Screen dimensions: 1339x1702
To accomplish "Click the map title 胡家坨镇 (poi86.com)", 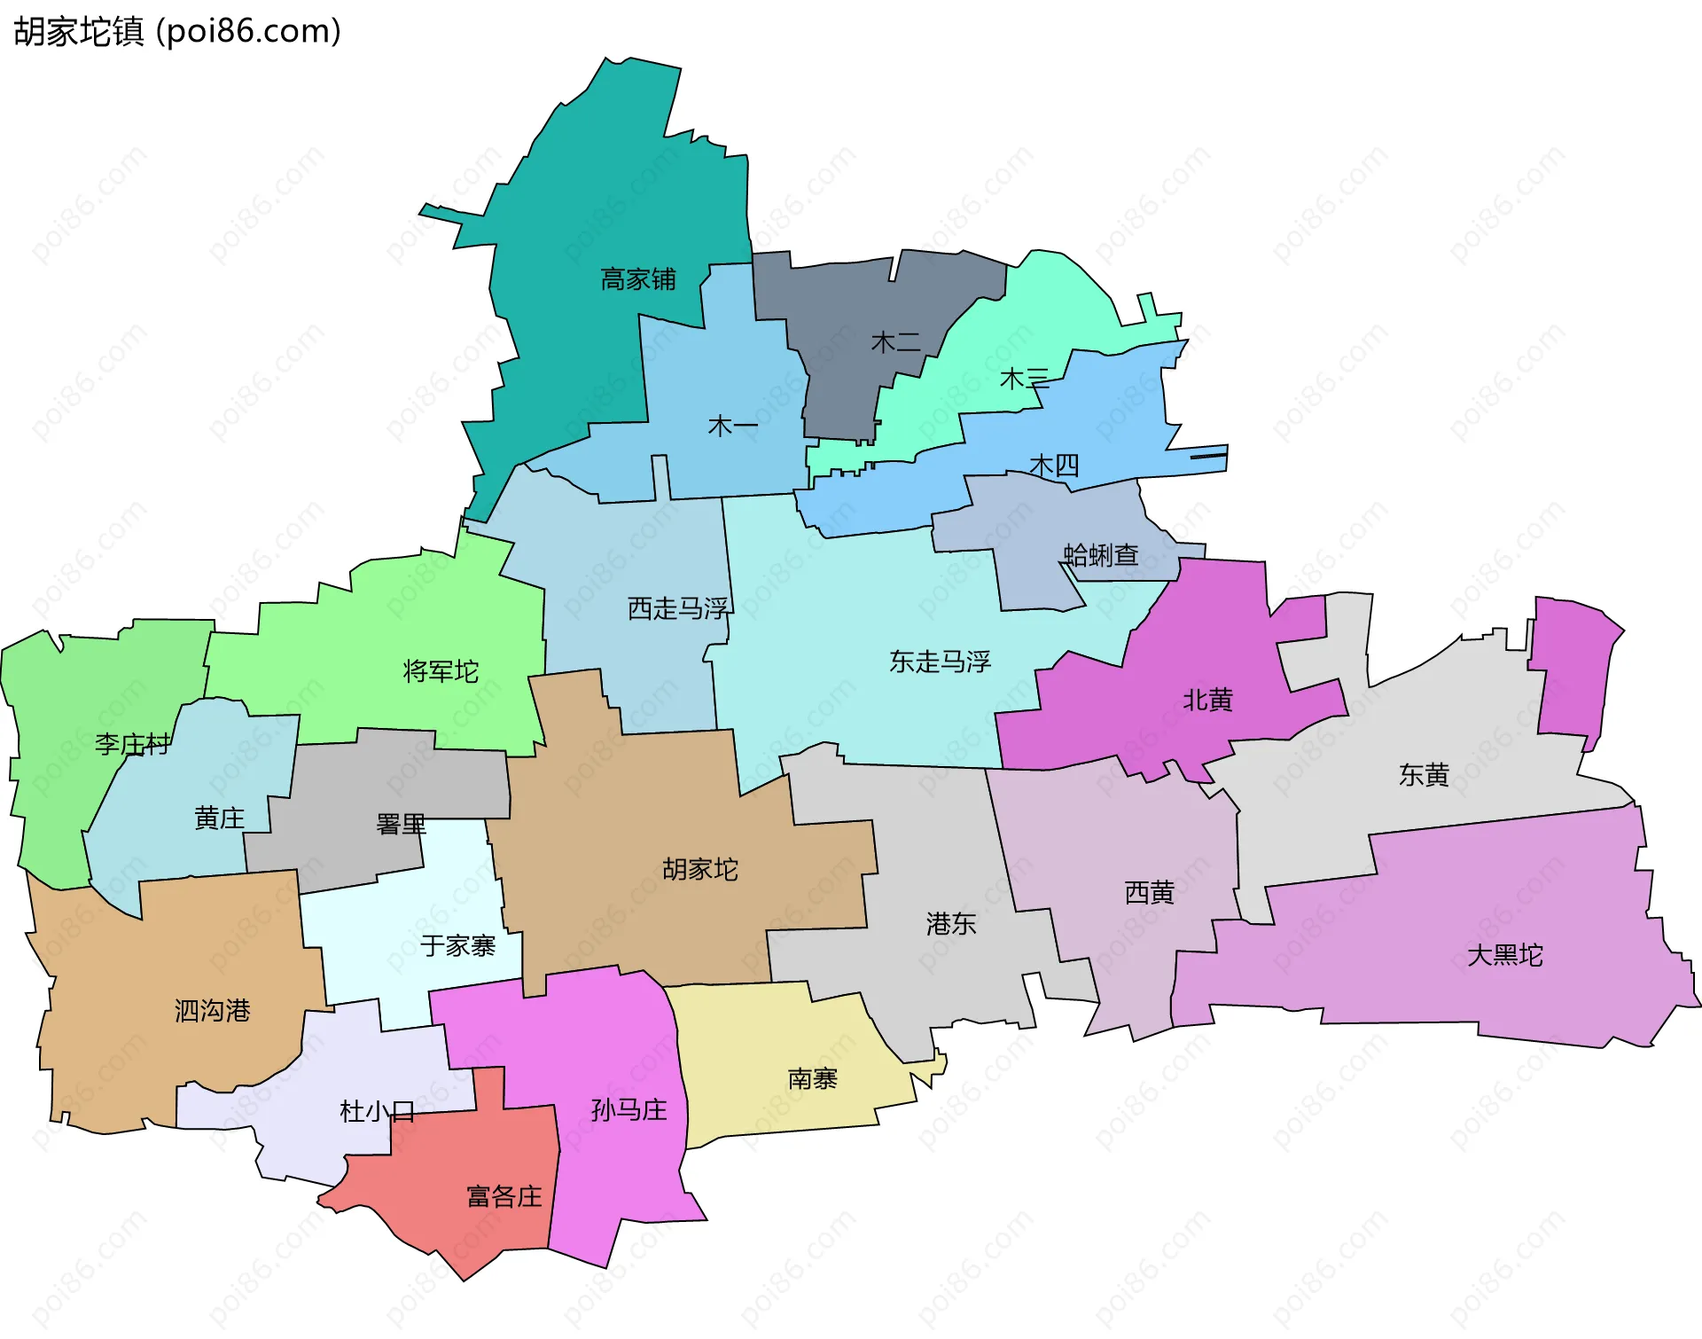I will (x=177, y=32).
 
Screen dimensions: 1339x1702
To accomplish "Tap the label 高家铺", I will (x=638, y=279).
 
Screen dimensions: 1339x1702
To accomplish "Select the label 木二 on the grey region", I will (x=896, y=342).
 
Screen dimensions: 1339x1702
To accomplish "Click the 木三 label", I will (x=1025, y=380).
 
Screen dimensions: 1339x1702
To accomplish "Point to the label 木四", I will (x=1054, y=466).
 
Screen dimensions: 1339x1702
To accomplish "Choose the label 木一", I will (x=733, y=427).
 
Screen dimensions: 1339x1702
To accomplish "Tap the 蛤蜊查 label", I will (x=1101, y=556).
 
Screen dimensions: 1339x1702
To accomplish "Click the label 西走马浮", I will (x=678, y=608).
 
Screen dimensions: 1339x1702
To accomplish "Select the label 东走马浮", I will (x=940, y=662).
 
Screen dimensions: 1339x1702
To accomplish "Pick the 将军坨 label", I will (x=441, y=671).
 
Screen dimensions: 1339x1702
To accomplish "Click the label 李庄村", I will (x=133, y=744).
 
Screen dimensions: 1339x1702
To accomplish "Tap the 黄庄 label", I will (x=219, y=818).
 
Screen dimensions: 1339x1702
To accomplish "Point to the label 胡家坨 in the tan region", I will (x=700, y=869).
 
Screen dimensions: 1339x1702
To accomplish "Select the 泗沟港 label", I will (x=213, y=1011).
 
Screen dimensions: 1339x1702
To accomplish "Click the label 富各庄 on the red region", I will (x=504, y=1197).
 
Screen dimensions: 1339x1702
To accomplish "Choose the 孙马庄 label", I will (x=628, y=1110).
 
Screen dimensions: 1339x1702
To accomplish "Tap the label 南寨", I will (x=813, y=1079).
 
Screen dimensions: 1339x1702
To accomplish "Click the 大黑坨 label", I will (x=1505, y=955).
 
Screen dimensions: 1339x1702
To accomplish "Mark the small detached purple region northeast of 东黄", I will (x=1573, y=669).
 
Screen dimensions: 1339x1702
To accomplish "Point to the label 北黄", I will (x=1208, y=701).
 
